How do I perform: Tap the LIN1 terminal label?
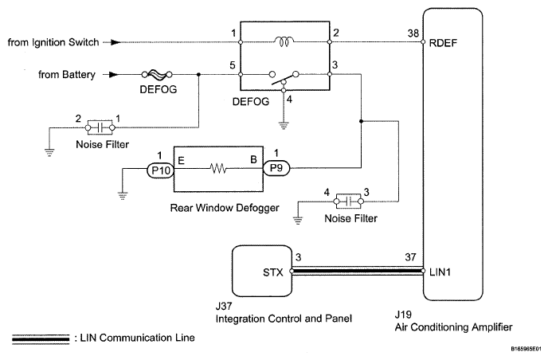pos(443,273)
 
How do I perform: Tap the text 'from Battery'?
pos(68,76)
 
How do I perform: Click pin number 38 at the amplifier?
pos(412,33)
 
